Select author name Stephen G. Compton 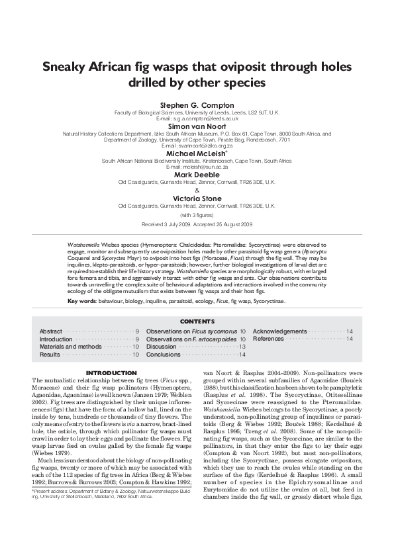click(197, 105)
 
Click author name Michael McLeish click(196, 152)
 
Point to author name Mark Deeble click(197, 173)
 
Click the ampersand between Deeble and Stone click(197, 189)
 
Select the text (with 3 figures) click(197, 215)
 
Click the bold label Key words click(84, 301)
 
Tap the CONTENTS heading click(197, 321)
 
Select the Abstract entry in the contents click(51, 331)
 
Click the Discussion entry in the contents click(161, 347)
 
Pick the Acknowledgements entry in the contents click(280, 331)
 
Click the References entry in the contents click(268, 339)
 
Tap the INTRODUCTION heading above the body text click(112, 372)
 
